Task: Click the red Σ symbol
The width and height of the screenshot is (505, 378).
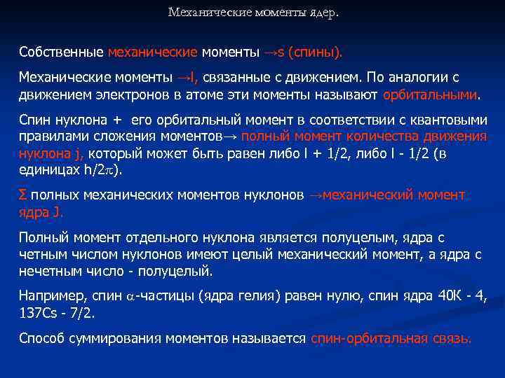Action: [24, 194]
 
